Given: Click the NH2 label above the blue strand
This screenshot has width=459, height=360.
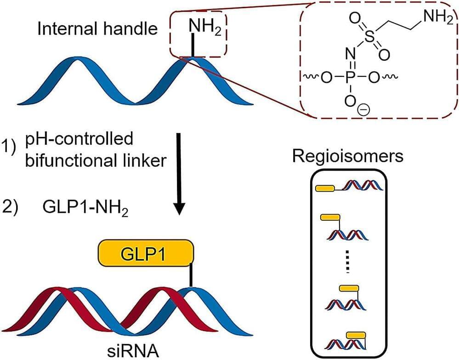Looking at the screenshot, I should coord(202,29).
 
